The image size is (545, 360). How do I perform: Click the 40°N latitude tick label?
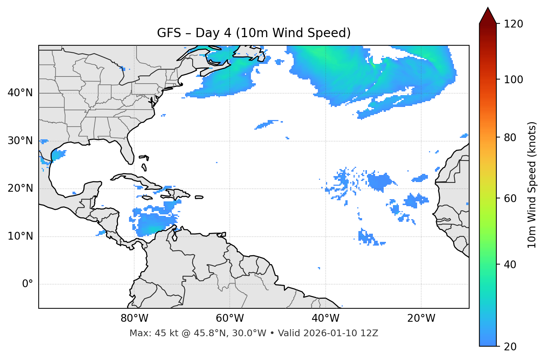click(x=20, y=93)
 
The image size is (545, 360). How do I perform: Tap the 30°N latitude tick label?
click(x=20, y=141)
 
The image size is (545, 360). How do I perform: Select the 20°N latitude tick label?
click(x=20, y=188)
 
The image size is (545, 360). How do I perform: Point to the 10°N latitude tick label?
click(x=20, y=236)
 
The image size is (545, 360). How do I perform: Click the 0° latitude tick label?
click(x=28, y=284)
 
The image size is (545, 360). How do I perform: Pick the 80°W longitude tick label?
click(x=134, y=318)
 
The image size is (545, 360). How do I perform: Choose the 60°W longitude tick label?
click(x=230, y=318)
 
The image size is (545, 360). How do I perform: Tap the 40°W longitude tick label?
click(x=325, y=318)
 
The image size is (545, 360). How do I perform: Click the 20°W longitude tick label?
click(x=421, y=318)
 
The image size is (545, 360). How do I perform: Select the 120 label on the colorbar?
click(x=513, y=24)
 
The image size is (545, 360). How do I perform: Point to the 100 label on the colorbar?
click(x=513, y=80)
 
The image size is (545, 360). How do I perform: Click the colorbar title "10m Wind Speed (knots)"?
click(x=532, y=185)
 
